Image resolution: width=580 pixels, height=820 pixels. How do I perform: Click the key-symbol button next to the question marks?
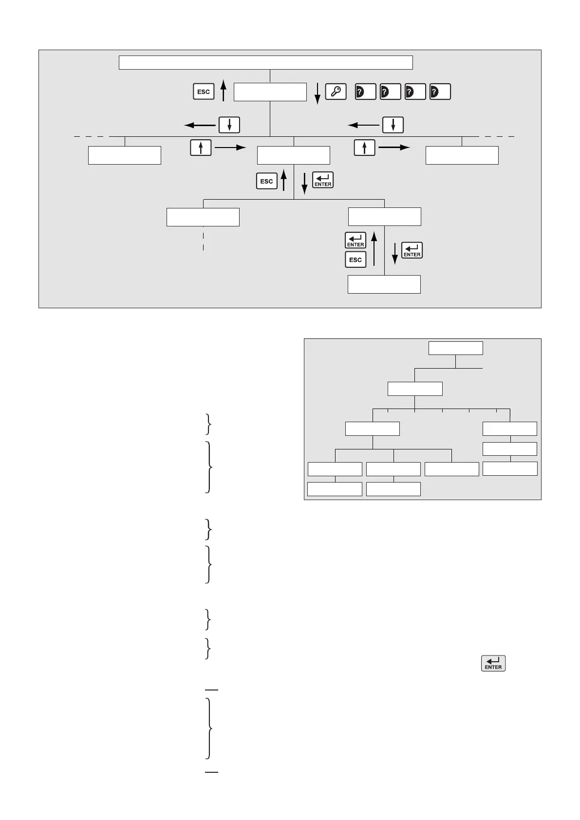pos(336,92)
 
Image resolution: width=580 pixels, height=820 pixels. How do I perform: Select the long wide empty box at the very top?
pos(266,63)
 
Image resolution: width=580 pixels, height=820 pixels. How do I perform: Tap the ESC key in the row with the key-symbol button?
pos(204,92)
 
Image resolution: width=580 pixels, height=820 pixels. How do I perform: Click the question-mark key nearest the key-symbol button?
pos(365,92)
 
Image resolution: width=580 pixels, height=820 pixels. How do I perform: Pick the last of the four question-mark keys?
pos(440,92)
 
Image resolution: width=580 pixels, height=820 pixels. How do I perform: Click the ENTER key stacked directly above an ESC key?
pos(355,240)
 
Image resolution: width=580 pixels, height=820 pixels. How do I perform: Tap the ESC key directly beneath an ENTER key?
pos(355,260)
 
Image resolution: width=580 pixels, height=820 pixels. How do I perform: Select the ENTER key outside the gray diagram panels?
pos(493,663)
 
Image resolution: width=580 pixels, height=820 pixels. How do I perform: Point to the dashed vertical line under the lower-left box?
pos(203,239)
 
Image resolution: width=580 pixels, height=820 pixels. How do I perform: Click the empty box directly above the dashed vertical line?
pos(203,217)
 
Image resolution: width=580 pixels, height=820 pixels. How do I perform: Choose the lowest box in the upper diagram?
pos(384,284)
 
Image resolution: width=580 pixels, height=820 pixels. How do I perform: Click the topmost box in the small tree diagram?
pos(456,348)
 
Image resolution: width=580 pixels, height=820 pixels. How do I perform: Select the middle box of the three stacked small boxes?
pos(510,448)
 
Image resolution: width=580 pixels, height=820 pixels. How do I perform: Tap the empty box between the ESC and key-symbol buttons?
pos(270,92)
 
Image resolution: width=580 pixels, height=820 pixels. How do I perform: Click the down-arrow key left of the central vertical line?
pos(229,125)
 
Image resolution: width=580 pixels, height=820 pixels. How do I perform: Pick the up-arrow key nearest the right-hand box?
pos(365,148)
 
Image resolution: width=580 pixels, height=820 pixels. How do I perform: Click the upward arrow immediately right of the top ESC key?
pos(224,91)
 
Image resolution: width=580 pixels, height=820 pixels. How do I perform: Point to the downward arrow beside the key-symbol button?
pos(317,93)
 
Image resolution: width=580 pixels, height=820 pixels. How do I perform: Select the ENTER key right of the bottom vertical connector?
pos(412,250)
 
